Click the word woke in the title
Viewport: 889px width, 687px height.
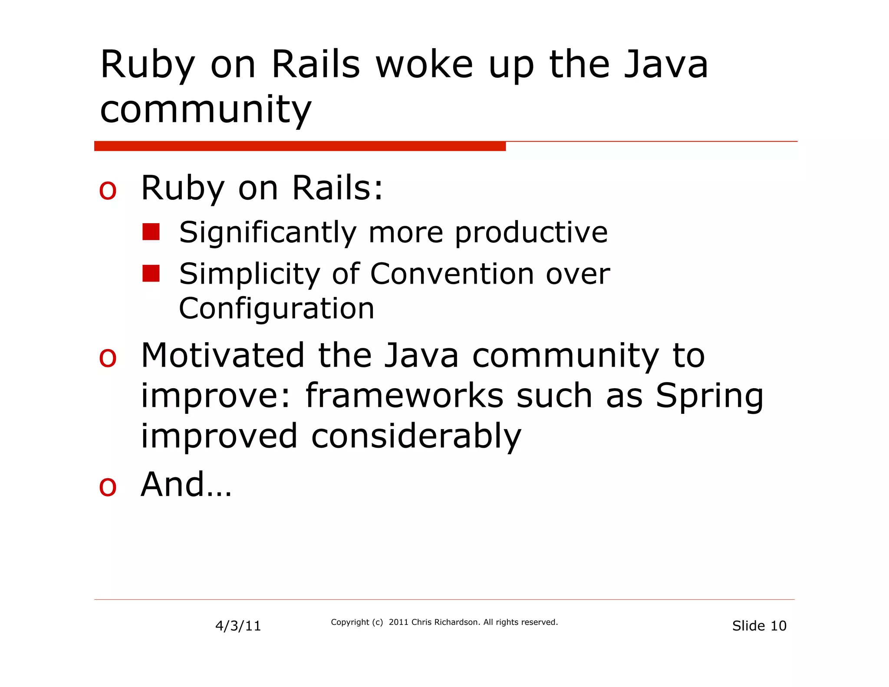[x=424, y=65]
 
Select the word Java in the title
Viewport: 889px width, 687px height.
[x=666, y=65]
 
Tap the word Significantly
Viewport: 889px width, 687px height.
[x=267, y=233]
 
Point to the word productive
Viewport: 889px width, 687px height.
[x=531, y=233]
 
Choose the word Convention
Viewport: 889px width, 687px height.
[x=452, y=274]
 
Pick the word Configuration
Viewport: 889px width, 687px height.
[x=277, y=309]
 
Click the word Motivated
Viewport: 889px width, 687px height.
[x=223, y=356]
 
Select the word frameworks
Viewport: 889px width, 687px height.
[x=405, y=396]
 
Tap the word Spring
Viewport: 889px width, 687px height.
[x=709, y=397]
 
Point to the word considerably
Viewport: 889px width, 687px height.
[x=416, y=437]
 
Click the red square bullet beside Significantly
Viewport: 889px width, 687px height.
[x=151, y=232]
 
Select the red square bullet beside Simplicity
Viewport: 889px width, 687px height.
[x=151, y=274]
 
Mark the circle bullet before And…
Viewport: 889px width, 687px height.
[x=108, y=487]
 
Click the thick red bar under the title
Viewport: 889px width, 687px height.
[x=300, y=146]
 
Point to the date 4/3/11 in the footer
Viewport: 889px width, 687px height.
[x=238, y=626]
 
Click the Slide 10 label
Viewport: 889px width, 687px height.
[x=759, y=626]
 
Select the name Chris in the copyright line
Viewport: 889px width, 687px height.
[x=421, y=622]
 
